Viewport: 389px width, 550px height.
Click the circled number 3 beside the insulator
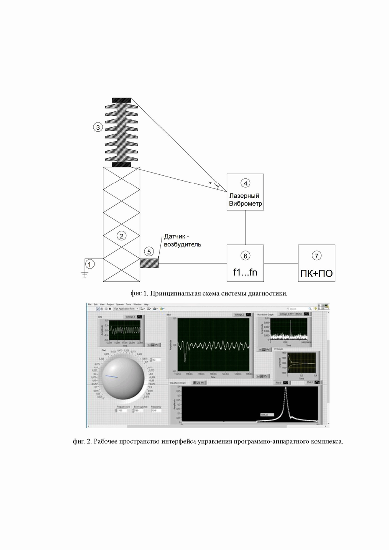coord(98,127)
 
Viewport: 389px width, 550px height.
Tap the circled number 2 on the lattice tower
coord(121,235)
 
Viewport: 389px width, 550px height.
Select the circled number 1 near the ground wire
coord(89,263)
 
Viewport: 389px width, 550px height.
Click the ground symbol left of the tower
coord(85,271)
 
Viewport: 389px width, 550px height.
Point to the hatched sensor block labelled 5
coord(149,263)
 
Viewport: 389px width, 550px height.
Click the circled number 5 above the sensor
coord(149,252)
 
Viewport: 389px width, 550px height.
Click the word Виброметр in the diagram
coord(245,205)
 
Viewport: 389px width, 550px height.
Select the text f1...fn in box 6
coord(245,272)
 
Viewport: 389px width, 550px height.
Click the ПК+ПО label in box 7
coord(316,272)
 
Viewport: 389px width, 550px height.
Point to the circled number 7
coord(316,256)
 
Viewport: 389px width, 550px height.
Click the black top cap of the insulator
coord(122,100)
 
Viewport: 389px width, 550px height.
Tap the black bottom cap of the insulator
coord(122,164)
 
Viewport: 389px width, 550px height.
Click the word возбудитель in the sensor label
coord(182,245)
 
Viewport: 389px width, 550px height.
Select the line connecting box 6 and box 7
coord(280,263)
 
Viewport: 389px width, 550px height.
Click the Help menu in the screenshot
coord(146,304)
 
